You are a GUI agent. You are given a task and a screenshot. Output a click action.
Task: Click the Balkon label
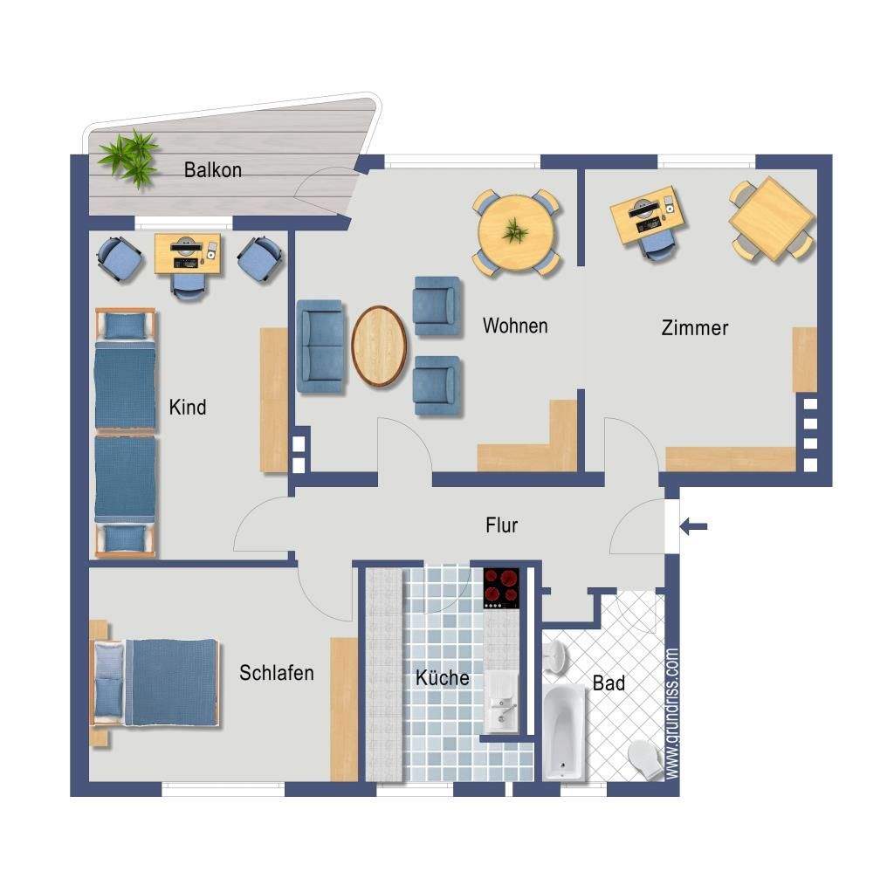213,170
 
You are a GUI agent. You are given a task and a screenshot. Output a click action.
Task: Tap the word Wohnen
515,326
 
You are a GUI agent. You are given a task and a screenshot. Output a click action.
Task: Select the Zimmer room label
694,327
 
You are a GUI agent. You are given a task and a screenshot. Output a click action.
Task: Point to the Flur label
501,525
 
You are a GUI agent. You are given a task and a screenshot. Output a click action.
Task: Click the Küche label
443,677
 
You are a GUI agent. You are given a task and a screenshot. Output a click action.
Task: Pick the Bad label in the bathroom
609,683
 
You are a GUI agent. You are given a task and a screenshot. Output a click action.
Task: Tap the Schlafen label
277,673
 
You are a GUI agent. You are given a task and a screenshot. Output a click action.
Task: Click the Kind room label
188,408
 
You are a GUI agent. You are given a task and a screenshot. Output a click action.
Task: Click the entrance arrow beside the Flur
694,526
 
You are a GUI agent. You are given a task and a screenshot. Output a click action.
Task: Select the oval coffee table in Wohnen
379,346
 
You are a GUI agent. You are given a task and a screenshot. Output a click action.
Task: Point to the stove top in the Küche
501,588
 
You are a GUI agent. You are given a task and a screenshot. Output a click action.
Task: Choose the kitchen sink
501,702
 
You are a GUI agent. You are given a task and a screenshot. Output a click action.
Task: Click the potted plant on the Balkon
129,158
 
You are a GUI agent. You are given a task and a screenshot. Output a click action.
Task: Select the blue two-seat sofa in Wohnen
320,347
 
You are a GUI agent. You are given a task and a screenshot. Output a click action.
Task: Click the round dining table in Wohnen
516,232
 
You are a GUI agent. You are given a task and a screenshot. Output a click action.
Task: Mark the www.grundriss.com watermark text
672,713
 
